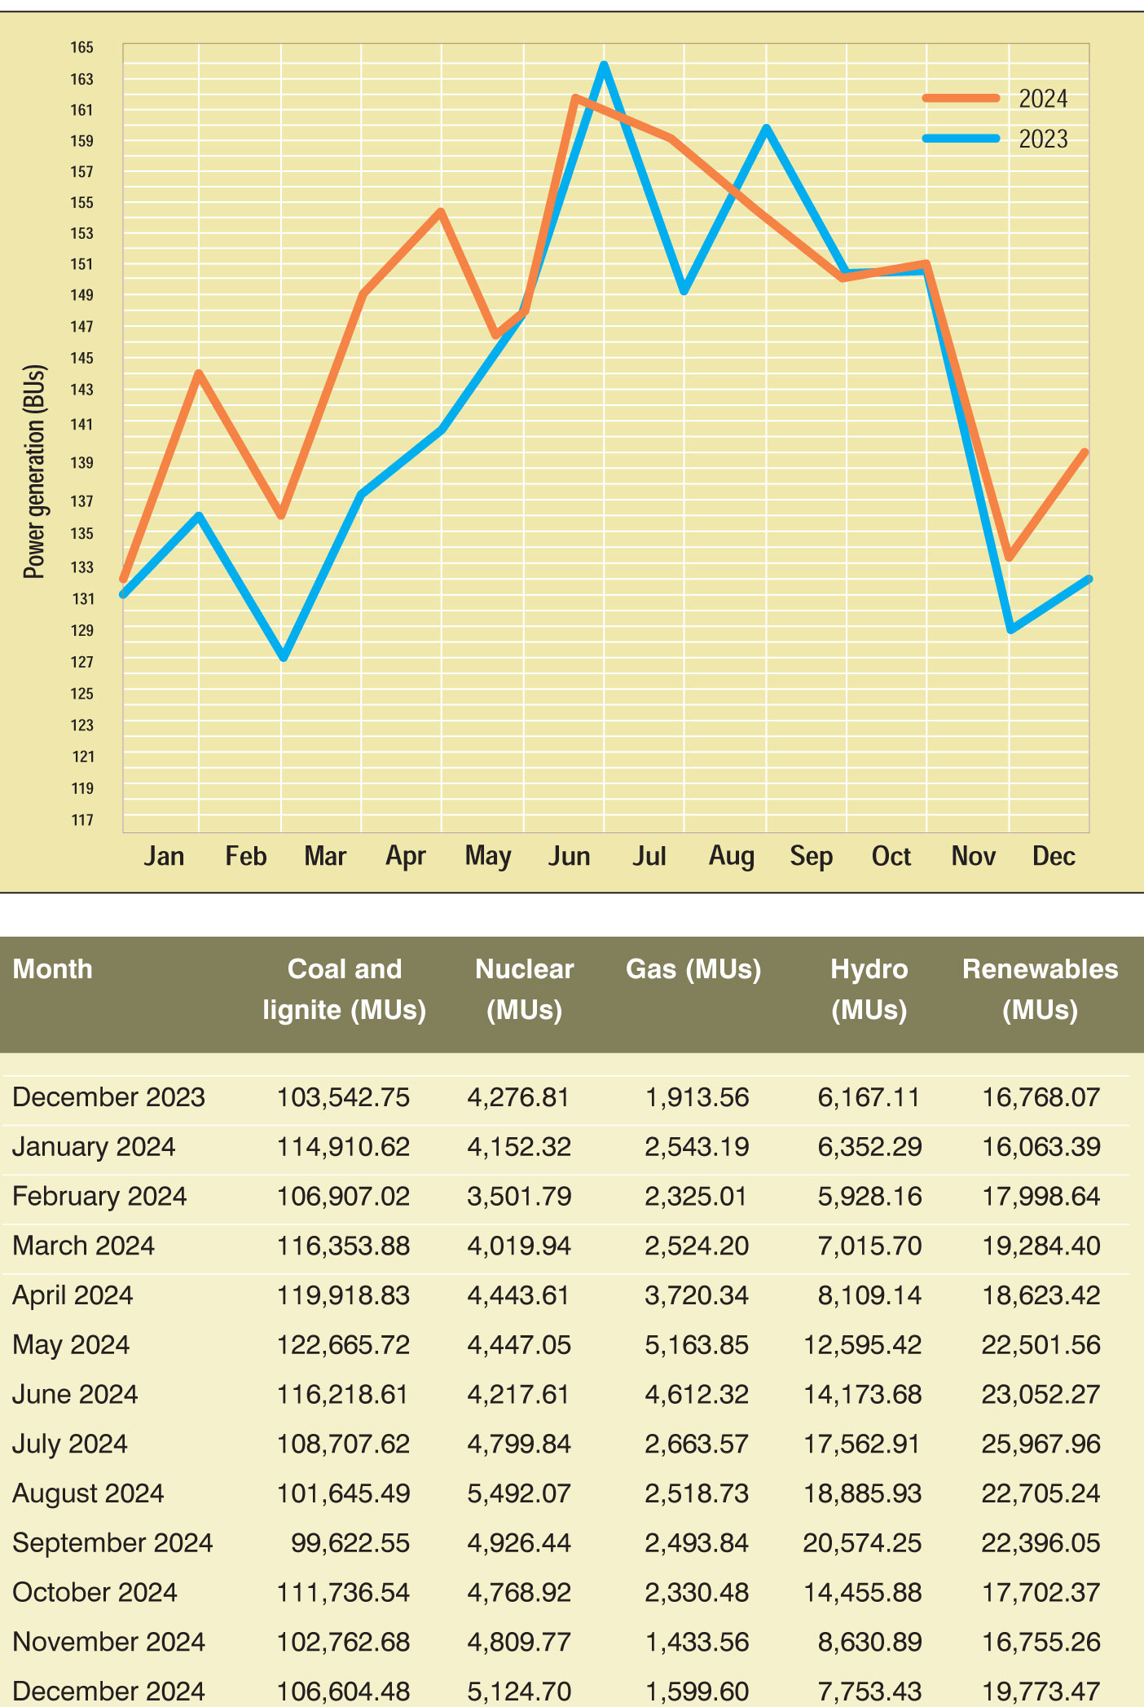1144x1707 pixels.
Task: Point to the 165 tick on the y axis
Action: coord(81,47)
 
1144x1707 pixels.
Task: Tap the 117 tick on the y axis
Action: coord(82,819)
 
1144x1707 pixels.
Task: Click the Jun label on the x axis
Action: coord(569,856)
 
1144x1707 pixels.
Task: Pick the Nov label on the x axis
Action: coord(973,856)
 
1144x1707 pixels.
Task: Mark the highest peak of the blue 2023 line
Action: coord(604,64)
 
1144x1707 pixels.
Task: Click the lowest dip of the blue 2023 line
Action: coord(283,657)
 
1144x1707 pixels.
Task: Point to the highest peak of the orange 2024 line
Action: coord(575,99)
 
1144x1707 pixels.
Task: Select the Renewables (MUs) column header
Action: coord(1040,989)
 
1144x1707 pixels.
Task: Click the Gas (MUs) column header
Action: coord(693,968)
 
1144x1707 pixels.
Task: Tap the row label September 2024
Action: coord(112,1542)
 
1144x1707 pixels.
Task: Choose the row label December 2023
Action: coord(108,1096)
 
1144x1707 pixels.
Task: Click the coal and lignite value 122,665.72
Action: coord(343,1344)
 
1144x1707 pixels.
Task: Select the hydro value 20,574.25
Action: coord(862,1542)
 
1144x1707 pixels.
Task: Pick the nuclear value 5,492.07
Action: coord(519,1493)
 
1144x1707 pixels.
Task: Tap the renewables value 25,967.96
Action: coord(1041,1444)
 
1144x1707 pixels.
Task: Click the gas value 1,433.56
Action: coord(697,1641)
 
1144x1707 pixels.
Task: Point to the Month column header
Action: coord(53,968)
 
